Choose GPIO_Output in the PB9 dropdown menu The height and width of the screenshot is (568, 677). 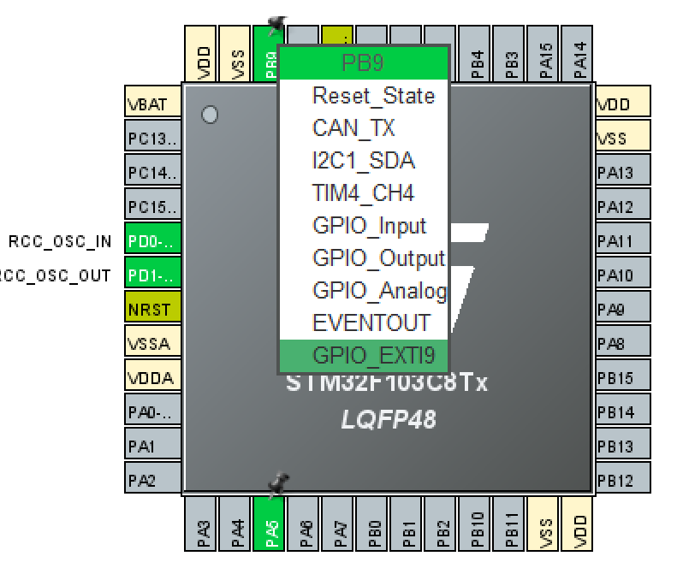(x=377, y=258)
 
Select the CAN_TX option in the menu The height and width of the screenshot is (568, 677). (x=353, y=128)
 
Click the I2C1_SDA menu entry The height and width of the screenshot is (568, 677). (x=364, y=161)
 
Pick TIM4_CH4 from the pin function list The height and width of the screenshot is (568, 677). (x=363, y=193)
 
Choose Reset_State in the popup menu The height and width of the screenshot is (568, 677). (x=373, y=95)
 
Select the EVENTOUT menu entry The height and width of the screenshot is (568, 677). (x=371, y=323)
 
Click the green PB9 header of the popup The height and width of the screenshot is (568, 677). (x=363, y=62)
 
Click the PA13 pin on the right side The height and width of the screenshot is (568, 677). (x=622, y=173)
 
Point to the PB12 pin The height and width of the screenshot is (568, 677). (x=622, y=481)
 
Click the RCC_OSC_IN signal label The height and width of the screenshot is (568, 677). (x=60, y=241)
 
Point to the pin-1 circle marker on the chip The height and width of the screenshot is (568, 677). (x=209, y=114)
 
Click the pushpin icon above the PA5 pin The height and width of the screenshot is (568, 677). (x=276, y=485)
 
